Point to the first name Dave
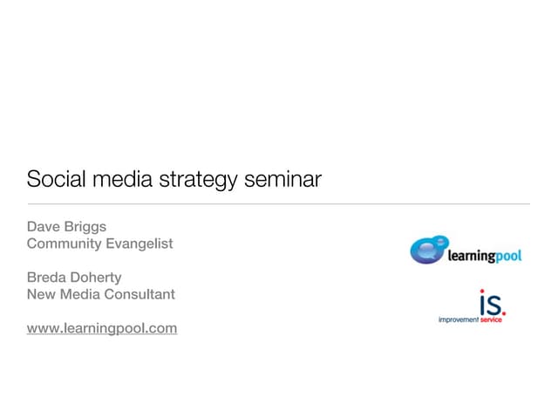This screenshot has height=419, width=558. (44, 226)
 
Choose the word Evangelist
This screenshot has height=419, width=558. (139, 244)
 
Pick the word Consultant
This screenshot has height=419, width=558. (139, 294)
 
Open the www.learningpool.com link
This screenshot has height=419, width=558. (102, 328)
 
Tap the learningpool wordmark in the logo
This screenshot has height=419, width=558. (484, 256)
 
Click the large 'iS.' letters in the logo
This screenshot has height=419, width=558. (492, 302)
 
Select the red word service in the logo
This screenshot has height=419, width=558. (491, 320)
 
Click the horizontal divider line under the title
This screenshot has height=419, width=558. (278, 204)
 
